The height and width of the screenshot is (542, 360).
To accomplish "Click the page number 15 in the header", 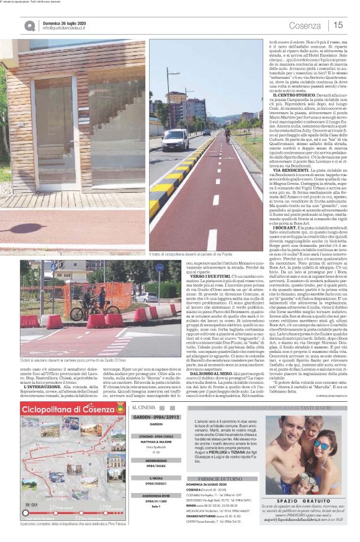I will tap(338, 25).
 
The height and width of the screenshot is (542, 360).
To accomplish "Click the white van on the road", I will tap(175, 138).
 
